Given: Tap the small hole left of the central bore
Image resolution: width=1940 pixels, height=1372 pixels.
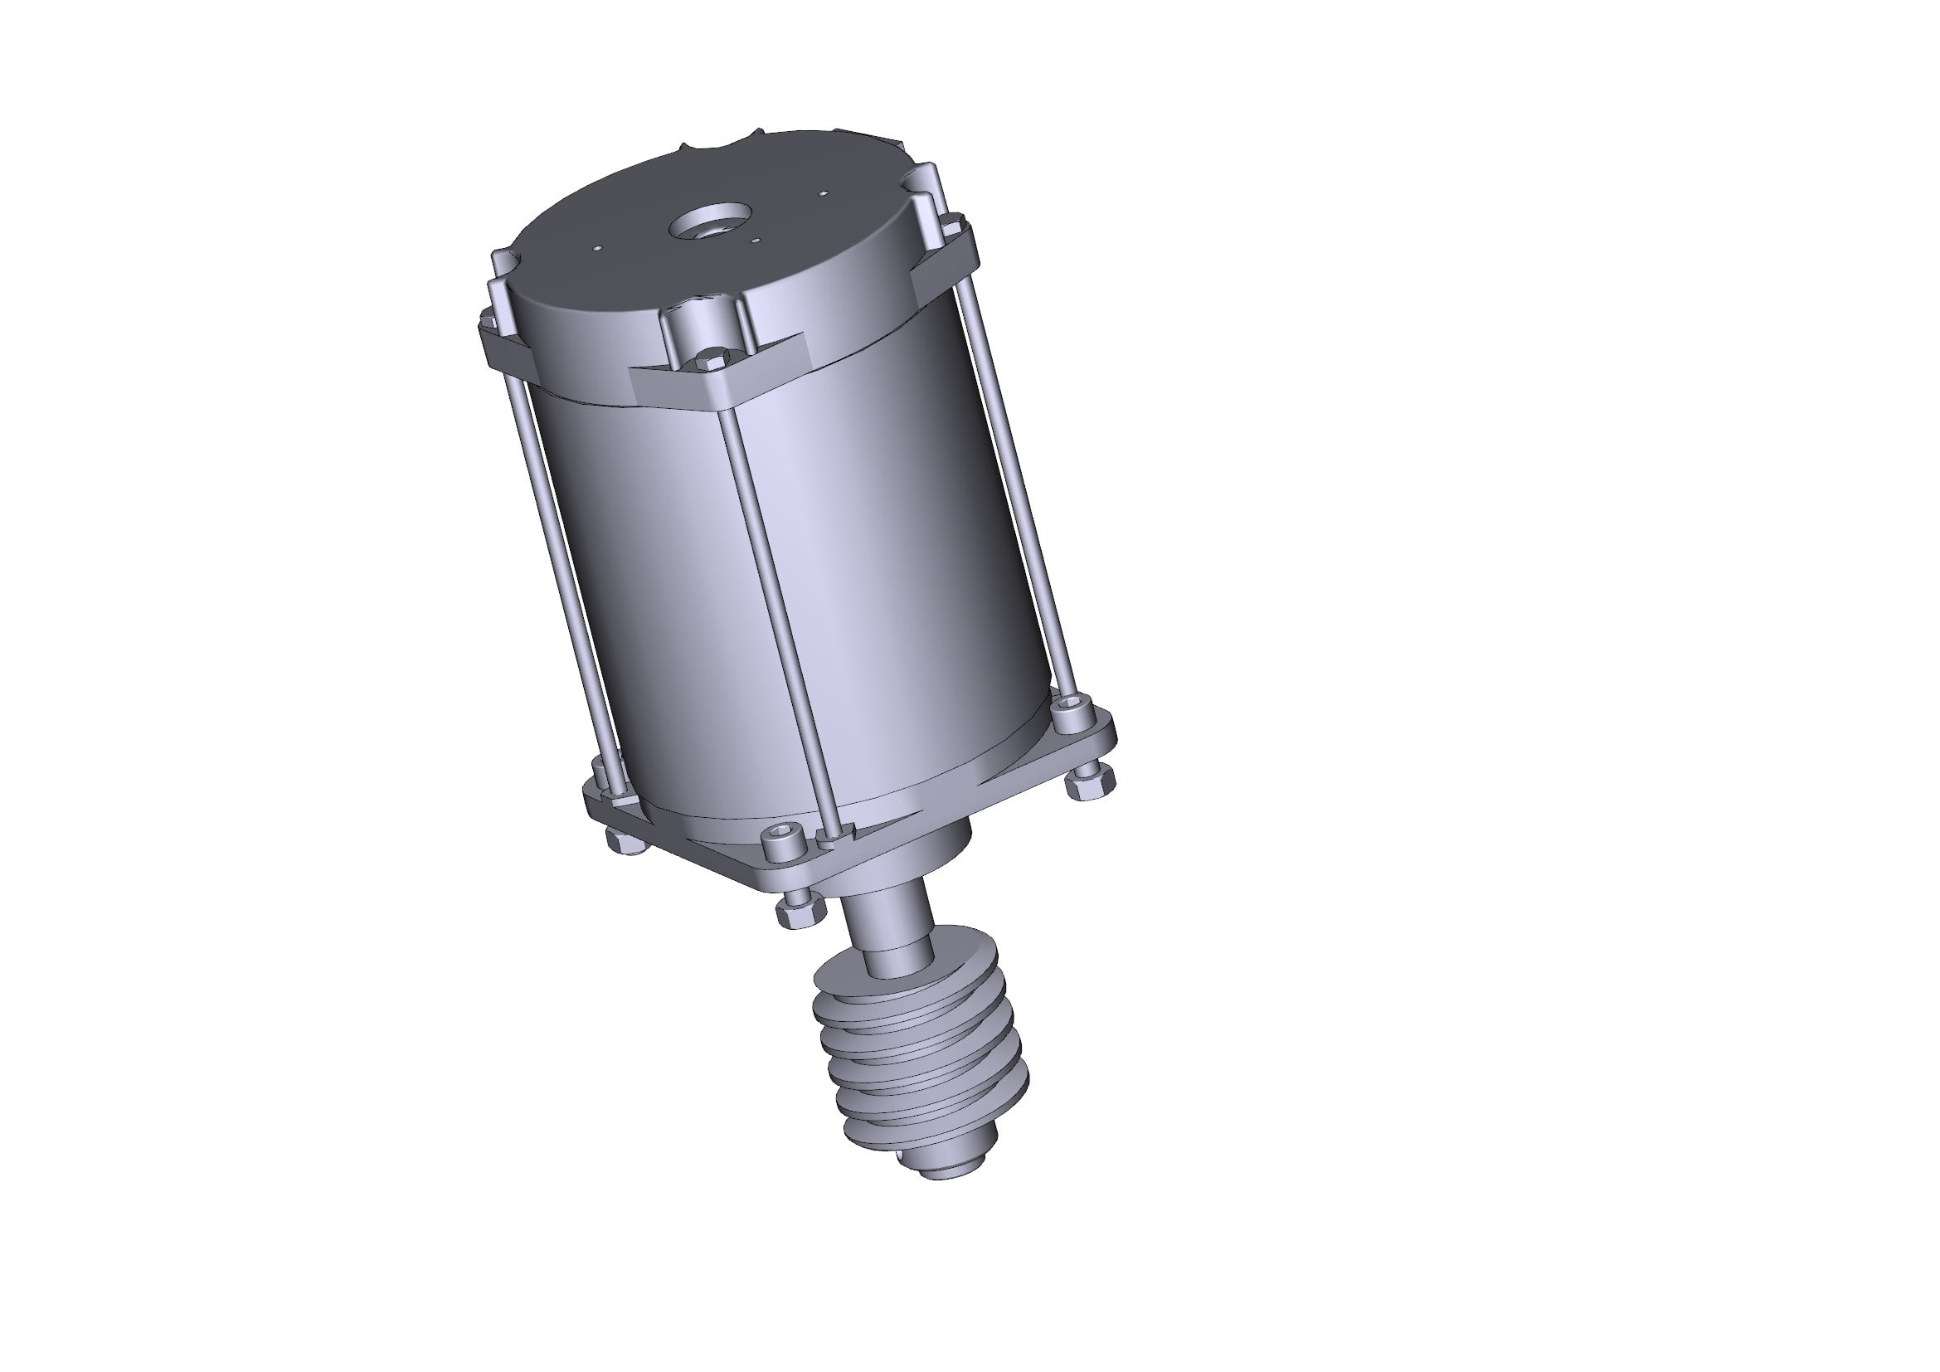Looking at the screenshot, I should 597,248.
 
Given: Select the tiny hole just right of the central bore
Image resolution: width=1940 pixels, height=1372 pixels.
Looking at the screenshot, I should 756,240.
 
